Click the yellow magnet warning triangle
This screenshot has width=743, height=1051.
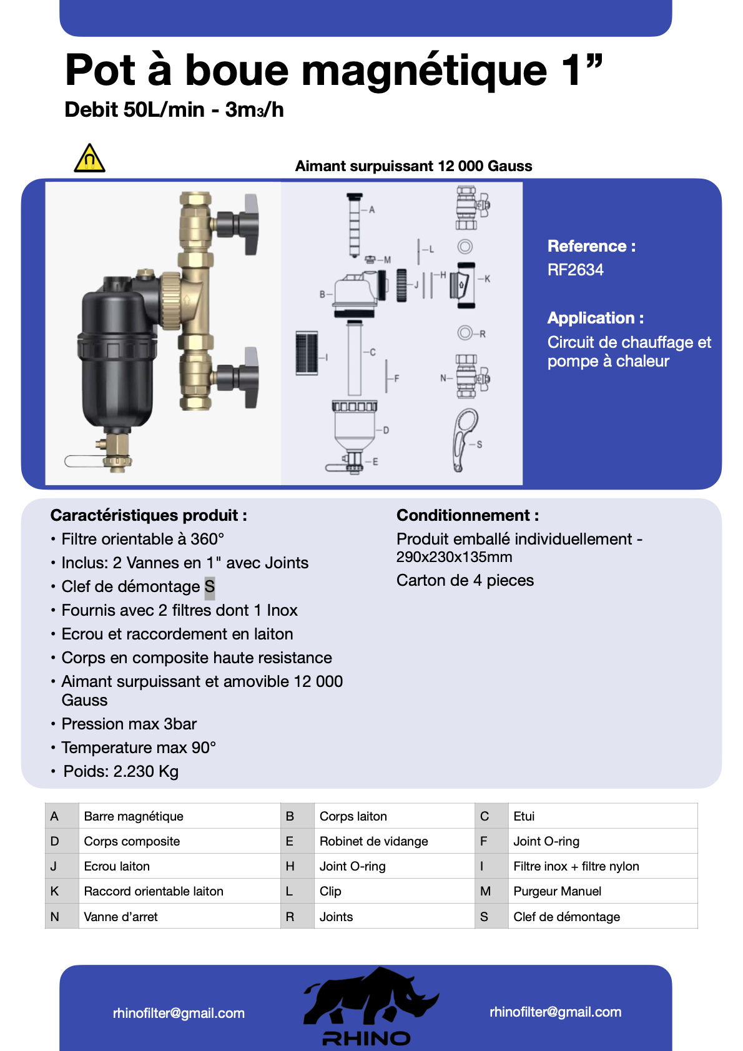click(89, 159)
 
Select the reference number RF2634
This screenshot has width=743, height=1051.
click(575, 270)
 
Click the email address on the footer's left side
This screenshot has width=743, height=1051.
click(179, 1013)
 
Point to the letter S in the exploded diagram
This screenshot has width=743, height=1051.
click(480, 445)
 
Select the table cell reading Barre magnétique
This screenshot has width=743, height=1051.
click(134, 816)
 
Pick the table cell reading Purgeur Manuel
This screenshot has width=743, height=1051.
click(557, 891)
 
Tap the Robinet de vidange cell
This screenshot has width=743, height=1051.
click(373, 841)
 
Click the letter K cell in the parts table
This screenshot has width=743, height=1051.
click(55, 891)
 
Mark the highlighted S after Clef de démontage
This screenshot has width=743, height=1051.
click(210, 587)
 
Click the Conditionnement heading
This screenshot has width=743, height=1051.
click(467, 515)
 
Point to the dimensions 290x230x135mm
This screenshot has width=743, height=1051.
click(454, 557)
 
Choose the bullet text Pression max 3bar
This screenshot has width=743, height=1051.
click(129, 724)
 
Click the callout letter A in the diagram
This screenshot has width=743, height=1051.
click(372, 210)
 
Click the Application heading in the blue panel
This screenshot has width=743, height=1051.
click(595, 318)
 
